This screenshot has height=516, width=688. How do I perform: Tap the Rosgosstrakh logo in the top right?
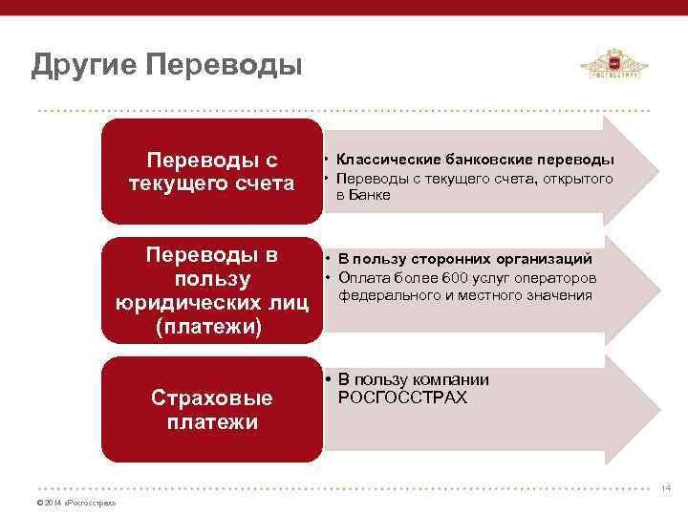coord(613,66)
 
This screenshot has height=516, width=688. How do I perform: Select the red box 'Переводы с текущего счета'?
coord(212,171)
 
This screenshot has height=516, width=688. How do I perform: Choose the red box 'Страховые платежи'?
coord(212,410)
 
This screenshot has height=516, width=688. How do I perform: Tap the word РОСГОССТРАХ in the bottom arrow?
coord(402,398)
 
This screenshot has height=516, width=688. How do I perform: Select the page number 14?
coord(666,488)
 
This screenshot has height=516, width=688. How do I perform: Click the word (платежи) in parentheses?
coord(212,328)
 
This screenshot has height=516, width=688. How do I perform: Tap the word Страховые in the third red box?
coord(212,398)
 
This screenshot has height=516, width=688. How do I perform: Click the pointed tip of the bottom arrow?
coord(656,409)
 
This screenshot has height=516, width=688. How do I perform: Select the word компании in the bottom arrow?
coord(458,379)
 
